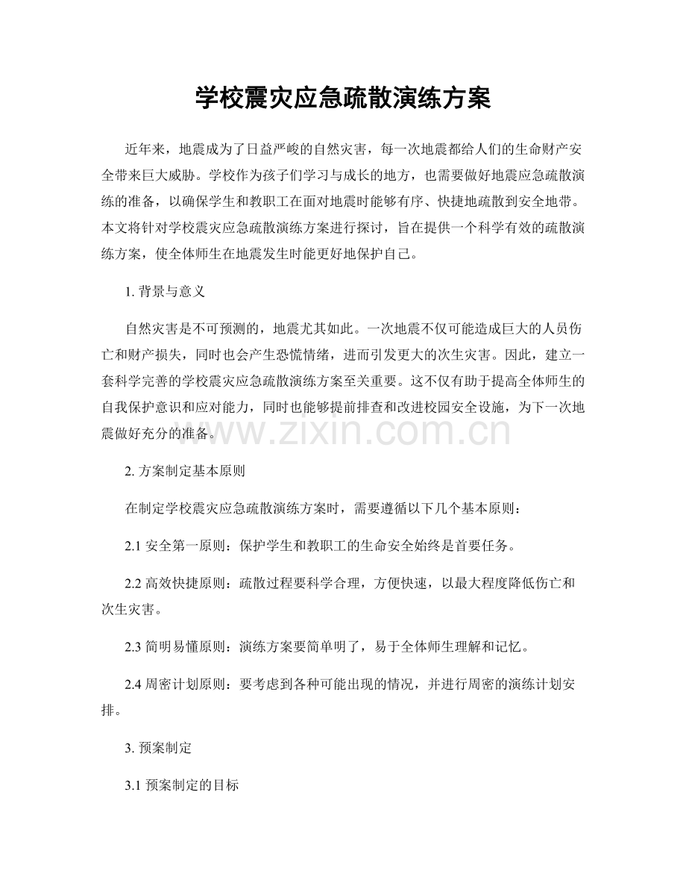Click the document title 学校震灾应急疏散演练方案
tap(342, 98)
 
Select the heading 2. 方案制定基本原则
tap(186, 471)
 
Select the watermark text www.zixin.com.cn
tap(343, 431)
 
